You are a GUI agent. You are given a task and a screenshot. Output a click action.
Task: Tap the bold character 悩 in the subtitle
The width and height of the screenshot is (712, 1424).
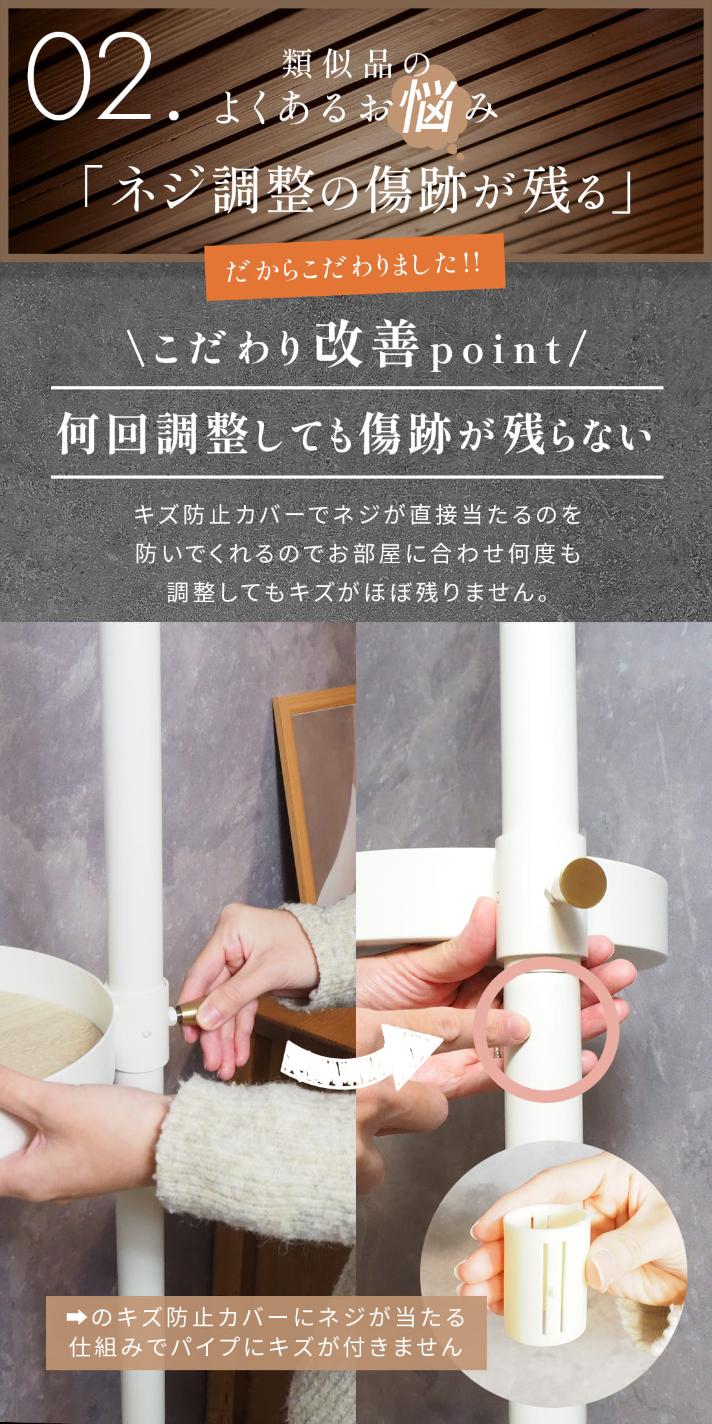[428, 107]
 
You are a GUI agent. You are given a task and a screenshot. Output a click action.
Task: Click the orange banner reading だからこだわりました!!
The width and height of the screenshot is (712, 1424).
[355, 266]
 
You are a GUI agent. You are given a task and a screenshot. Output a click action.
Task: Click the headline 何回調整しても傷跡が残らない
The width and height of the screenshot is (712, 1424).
[355, 433]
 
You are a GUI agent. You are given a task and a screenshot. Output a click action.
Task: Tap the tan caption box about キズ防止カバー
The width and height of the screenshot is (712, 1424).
[266, 1333]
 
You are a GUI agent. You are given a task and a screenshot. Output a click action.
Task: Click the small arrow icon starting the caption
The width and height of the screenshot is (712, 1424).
[77, 1317]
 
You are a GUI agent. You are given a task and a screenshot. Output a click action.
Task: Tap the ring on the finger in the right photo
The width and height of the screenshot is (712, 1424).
[496, 1052]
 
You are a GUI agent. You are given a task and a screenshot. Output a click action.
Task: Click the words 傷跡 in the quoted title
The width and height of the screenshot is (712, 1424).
[415, 190]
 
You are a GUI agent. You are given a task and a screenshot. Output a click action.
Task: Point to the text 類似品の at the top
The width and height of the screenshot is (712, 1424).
[355, 65]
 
